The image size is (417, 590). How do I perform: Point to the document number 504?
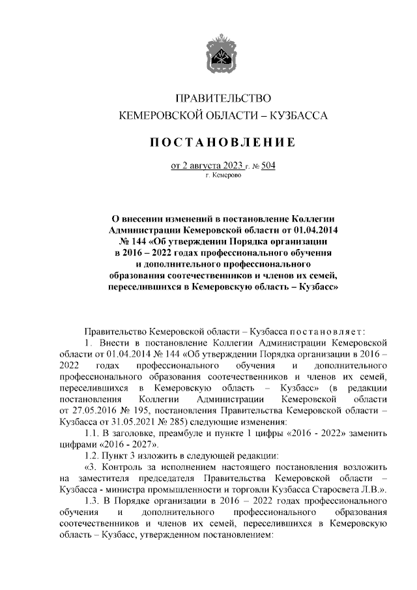pyautogui.click(x=268, y=166)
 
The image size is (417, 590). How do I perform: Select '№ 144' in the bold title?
pyautogui.click(x=127, y=241)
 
